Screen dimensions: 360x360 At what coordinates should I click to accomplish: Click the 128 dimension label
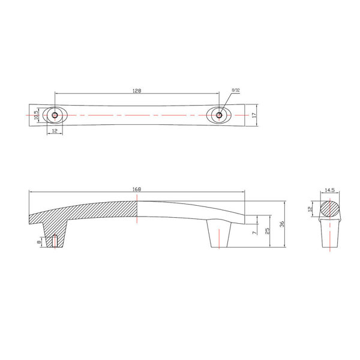tap(137, 91)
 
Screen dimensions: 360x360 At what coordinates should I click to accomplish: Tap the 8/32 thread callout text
tap(236, 90)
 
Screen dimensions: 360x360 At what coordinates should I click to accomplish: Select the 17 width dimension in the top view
tap(254, 115)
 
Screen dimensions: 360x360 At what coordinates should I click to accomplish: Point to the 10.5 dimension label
tap(36, 115)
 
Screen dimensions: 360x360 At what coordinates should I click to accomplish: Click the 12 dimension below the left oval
tap(55, 131)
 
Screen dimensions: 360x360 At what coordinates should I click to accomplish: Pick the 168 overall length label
tap(137, 189)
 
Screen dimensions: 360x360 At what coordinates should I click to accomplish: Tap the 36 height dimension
tap(282, 224)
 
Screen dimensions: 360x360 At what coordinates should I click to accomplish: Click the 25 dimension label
tap(267, 231)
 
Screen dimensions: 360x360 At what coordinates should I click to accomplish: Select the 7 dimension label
tap(254, 233)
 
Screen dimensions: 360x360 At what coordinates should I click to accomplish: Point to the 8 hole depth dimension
tap(39, 242)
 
